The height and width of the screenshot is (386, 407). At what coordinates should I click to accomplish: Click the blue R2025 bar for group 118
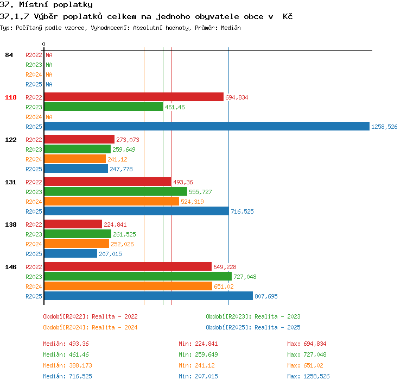pos(207,127)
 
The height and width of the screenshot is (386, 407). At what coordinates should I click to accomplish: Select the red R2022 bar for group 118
pos(134,97)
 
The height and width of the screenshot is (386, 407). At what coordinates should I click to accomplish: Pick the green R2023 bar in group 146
pos(138,276)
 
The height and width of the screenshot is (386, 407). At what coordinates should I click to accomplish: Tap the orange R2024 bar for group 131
pos(112,201)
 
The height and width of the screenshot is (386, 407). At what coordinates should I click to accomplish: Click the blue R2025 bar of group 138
pos(71,253)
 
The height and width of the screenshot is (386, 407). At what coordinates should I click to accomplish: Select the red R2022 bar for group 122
pos(79,139)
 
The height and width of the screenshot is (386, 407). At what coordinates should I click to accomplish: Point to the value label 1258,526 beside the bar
pos(384,127)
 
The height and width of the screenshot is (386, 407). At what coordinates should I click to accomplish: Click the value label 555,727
pos(200,192)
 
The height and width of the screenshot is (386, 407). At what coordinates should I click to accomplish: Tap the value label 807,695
pos(266,296)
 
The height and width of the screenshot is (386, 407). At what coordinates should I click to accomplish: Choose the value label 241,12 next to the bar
pos(117,159)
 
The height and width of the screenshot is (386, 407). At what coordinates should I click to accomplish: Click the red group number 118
pos(11,97)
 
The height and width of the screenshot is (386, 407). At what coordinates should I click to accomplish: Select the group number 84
pos(9,55)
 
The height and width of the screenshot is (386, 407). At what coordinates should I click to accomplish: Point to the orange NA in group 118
pos(49,117)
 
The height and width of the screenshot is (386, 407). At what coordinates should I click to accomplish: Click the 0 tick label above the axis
pos(43,44)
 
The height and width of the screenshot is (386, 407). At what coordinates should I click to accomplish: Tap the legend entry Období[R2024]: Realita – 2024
pos(90,327)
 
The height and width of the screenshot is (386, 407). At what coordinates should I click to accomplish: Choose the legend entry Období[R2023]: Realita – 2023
pos(253,316)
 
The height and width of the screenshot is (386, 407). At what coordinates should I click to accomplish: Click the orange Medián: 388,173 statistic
pos(67,365)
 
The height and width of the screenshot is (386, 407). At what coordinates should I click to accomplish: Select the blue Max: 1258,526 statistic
pos(308,376)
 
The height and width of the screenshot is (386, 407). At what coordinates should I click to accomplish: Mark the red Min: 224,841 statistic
pos(198,344)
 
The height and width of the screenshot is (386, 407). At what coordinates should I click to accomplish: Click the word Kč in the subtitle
pos(288,16)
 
